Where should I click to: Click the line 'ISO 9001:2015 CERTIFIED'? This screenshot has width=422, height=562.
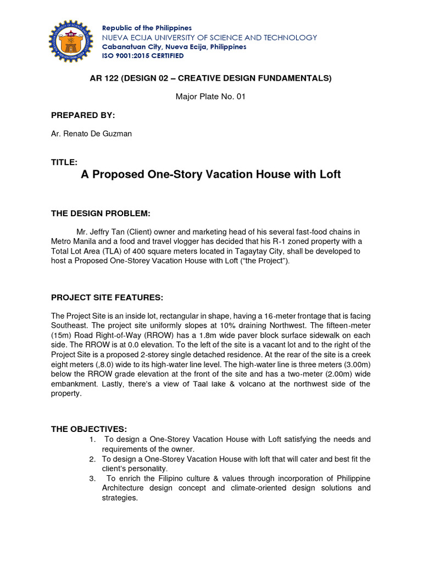tap(142, 56)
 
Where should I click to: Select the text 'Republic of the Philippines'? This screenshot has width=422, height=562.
tap(147, 28)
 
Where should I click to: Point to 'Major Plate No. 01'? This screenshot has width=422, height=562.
tap(210, 97)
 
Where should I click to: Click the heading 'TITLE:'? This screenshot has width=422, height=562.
tap(64, 162)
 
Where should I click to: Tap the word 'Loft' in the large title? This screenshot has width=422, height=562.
tap(329, 175)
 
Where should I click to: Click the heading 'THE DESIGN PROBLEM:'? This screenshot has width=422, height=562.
tap(101, 213)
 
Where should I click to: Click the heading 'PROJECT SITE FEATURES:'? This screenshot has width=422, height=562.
tap(107, 297)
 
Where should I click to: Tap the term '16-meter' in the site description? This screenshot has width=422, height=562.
tap(265, 316)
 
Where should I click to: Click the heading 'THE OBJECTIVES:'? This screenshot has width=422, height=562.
tap(89, 428)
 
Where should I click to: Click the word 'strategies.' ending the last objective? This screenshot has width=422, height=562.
tap(120, 498)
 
